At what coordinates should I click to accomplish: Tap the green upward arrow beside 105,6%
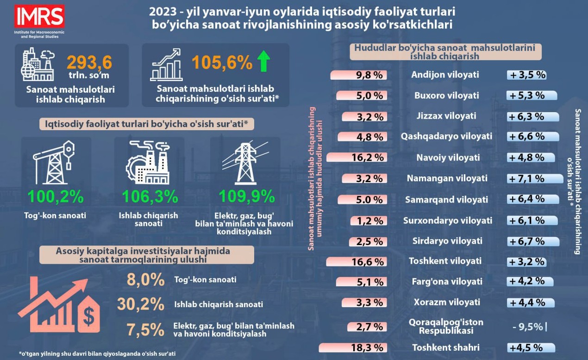pos(264,62)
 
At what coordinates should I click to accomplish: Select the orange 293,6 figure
pos(89,63)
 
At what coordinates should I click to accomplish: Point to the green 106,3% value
pos(150,196)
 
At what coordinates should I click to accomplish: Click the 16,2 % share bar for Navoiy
pos(356,158)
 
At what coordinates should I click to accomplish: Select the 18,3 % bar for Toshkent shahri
pos(352,347)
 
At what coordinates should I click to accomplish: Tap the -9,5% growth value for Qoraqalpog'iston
pos(528,327)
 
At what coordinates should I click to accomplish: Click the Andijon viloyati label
pos(445,75)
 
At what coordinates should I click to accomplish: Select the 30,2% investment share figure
pos(141,304)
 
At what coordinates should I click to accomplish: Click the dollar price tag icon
pos(88,314)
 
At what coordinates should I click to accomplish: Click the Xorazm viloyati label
pos(446,302)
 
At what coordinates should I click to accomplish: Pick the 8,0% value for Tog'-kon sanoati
pos(145,280)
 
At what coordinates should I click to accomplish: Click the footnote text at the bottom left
pos(97,354)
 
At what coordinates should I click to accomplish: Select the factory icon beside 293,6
pos(38,64)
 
